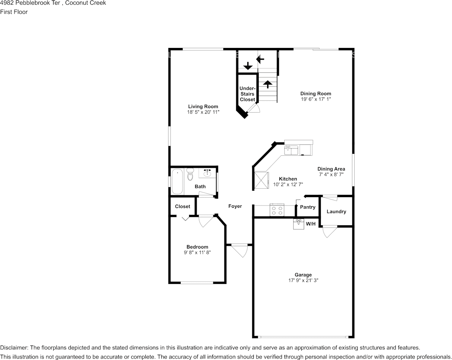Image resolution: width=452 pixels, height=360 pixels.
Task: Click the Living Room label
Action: point(203,107)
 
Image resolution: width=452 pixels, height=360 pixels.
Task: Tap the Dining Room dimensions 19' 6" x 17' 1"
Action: point(316,99)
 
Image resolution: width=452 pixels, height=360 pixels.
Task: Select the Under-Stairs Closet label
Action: point(247,94)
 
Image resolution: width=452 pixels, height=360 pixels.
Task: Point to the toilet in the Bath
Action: point(190,174)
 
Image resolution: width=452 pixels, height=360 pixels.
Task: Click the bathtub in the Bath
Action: point(177,182)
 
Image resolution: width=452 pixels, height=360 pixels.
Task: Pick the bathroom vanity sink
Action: point(207,174)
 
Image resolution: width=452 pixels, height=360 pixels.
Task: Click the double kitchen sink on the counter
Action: point(292,150)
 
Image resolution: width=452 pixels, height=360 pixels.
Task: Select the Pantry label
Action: point(307,207)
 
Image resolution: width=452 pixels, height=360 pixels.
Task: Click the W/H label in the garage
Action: point(311,224)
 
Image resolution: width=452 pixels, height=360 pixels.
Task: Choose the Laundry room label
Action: point(336,212)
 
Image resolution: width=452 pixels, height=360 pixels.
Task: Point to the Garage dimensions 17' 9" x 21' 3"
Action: point(303,280)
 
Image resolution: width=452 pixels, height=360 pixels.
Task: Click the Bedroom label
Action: point(197,247)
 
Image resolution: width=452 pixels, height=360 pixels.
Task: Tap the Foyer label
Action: point(235,206)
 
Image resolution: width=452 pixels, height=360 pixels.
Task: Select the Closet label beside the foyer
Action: point(182,207)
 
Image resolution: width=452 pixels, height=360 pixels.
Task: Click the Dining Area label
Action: point(331,169)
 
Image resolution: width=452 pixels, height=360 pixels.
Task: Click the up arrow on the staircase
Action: point(267,84)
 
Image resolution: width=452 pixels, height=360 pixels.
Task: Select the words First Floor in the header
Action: point(14,12)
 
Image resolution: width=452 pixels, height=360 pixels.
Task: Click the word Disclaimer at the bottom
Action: point(14,348)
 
